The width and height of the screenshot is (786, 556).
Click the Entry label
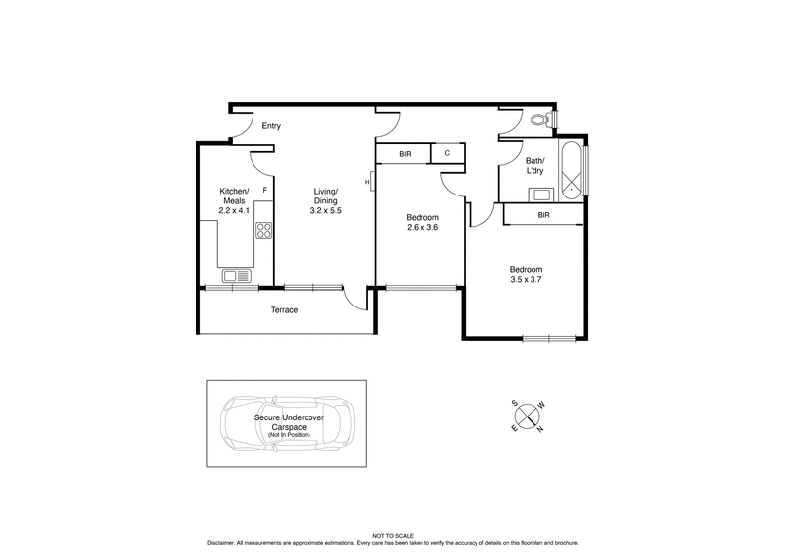click(x=271, y=126)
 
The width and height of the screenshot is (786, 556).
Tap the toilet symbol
click(x=538, y=120)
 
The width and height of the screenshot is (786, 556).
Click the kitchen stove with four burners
click(x=263, y=232)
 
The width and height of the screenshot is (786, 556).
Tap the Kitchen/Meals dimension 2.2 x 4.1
click(x=235, y=210)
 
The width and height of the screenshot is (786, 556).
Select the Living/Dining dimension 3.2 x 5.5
click(x=325, y=210)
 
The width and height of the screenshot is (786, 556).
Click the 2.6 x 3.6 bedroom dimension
click(x=422, y=228)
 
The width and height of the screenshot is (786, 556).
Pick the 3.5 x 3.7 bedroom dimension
click(x=525, y=281)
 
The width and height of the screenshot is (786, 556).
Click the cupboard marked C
click(x=447, y=154)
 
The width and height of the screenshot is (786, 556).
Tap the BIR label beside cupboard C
click(x=405, y=154)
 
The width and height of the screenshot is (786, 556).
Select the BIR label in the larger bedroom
click(x=543, y=214)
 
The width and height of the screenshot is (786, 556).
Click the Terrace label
click(x=285, y=310)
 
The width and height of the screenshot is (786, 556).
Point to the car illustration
click(x=285, y=424)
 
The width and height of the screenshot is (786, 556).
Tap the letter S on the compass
click(x=513, y=402)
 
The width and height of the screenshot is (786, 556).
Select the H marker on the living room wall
click(x=367, y=182)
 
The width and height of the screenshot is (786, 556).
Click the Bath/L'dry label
click(x=534, y=165)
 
